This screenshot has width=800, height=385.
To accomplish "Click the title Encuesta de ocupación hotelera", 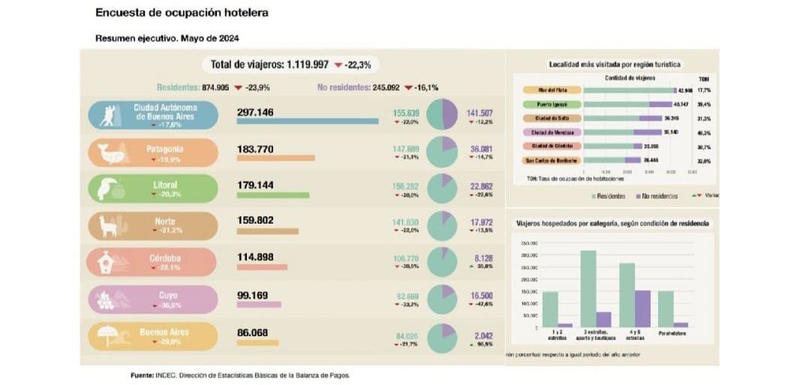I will coord(182,14).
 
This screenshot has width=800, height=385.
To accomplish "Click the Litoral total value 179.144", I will coord(255,185).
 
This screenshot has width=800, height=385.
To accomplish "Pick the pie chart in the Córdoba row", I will coord(441,261).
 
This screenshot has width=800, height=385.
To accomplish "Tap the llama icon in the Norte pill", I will coord(110,225).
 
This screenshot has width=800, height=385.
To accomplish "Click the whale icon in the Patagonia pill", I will coord(110,154).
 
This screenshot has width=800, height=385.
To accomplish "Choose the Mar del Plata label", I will coord(552,90).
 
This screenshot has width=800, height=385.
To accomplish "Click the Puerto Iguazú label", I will coord(552,104).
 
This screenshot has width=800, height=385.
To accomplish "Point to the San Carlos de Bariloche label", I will coord(552,160).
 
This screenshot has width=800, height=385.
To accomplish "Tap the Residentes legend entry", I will coord(609,196).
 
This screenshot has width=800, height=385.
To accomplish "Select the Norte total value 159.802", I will coord(255,221).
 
